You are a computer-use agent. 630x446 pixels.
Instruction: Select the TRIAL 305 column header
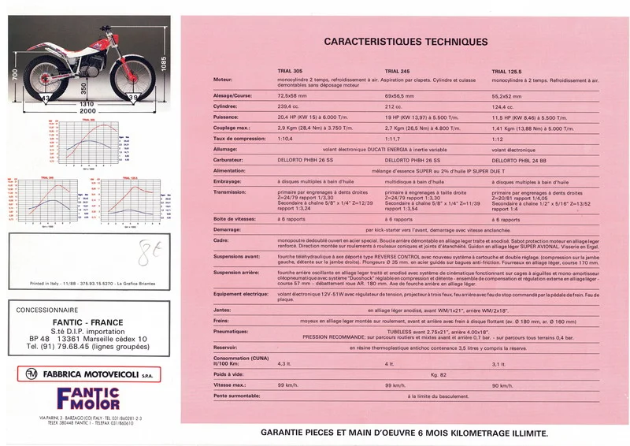click(x=290, y=71)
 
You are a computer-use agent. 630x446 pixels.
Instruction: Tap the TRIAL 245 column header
click(x=398, y=71)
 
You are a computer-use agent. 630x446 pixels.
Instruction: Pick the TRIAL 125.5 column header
click(x=508, y=71)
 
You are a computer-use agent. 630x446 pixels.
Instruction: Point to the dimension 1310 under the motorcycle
click(x=87, y=104)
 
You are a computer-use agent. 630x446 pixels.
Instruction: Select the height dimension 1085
click(x=163, y=64)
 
